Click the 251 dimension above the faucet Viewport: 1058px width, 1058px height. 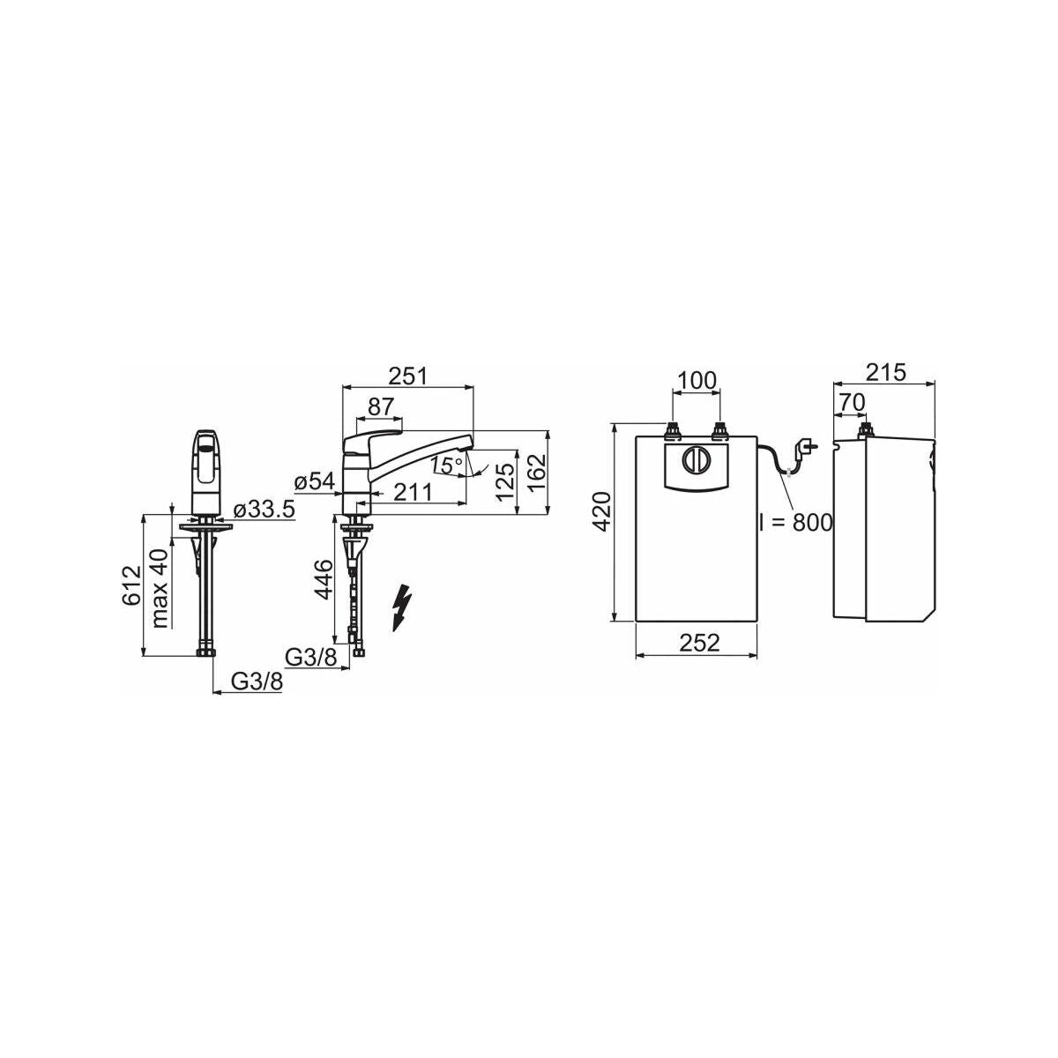(407, 376)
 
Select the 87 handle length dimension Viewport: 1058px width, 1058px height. (381, 406)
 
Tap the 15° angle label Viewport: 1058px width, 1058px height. (446, 466)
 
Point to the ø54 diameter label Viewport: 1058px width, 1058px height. (314, 482)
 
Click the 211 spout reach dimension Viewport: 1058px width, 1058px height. (413, 493)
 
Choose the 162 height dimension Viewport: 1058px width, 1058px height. (536, 473)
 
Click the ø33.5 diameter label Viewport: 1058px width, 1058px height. (264, 510)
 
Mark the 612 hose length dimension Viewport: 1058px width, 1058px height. (131, 585)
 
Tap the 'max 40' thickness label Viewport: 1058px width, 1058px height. (160, 588)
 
